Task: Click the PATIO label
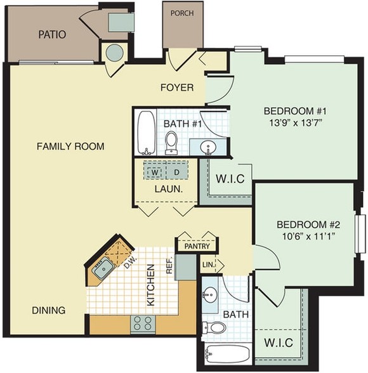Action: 52,34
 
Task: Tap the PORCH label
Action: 182,13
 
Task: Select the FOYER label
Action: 177,88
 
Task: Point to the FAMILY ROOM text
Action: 70,146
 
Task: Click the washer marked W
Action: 155,172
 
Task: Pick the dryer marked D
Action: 177,173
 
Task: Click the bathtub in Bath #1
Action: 147,133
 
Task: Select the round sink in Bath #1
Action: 207,147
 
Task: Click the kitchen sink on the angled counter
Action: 103,268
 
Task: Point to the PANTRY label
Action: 197,246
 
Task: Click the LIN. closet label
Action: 208,265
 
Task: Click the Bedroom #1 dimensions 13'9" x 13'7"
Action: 296,123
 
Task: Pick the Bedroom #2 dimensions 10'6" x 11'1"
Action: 309,237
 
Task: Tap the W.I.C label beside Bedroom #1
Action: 230,179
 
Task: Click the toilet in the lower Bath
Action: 214,327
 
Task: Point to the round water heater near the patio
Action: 114,53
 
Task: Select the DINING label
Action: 48,310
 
